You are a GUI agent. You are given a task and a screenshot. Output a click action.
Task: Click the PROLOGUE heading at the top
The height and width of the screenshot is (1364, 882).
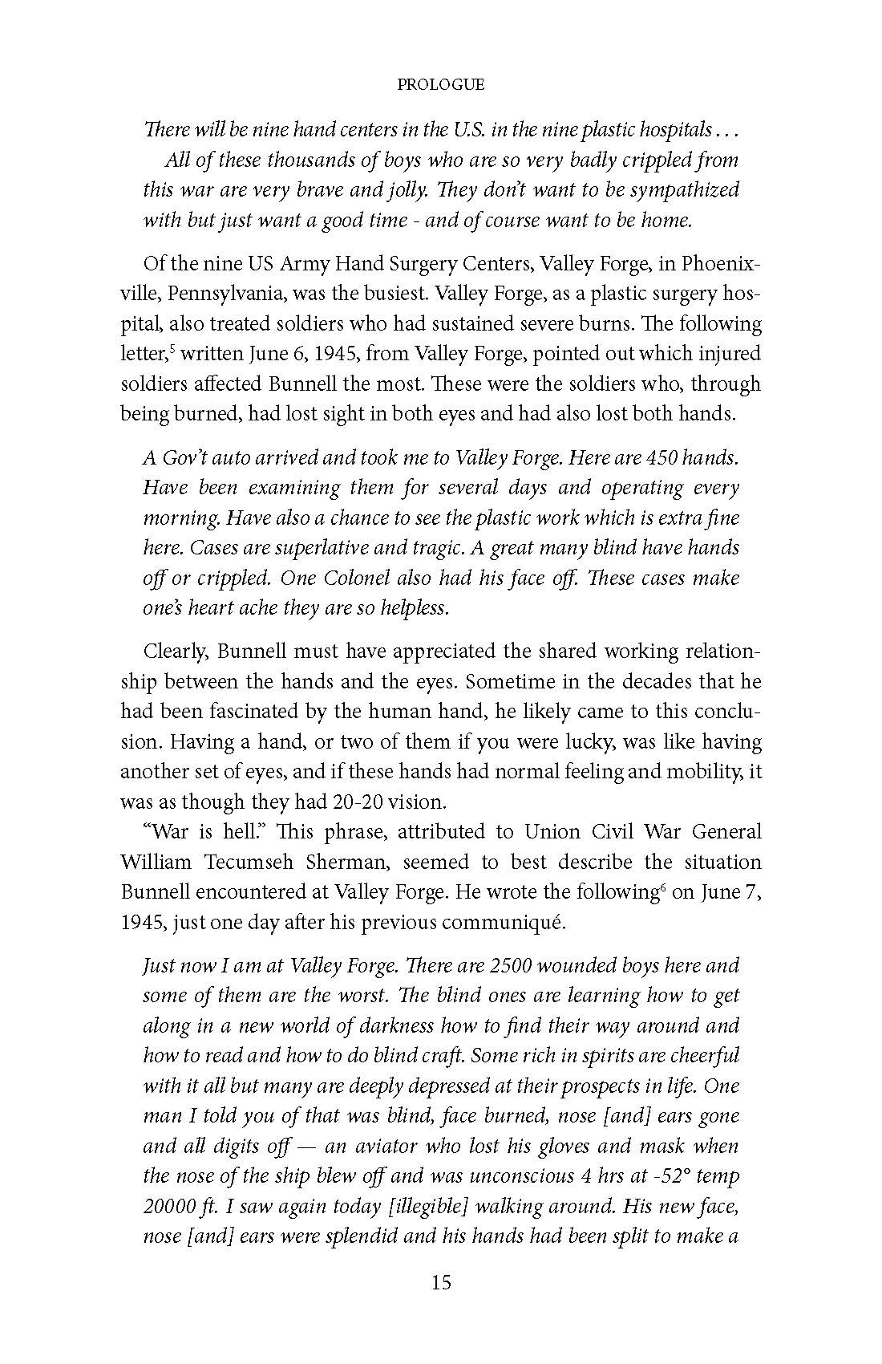click(x=441, y=84)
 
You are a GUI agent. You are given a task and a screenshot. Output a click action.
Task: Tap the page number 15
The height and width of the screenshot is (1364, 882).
click(x=441, y=1282)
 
